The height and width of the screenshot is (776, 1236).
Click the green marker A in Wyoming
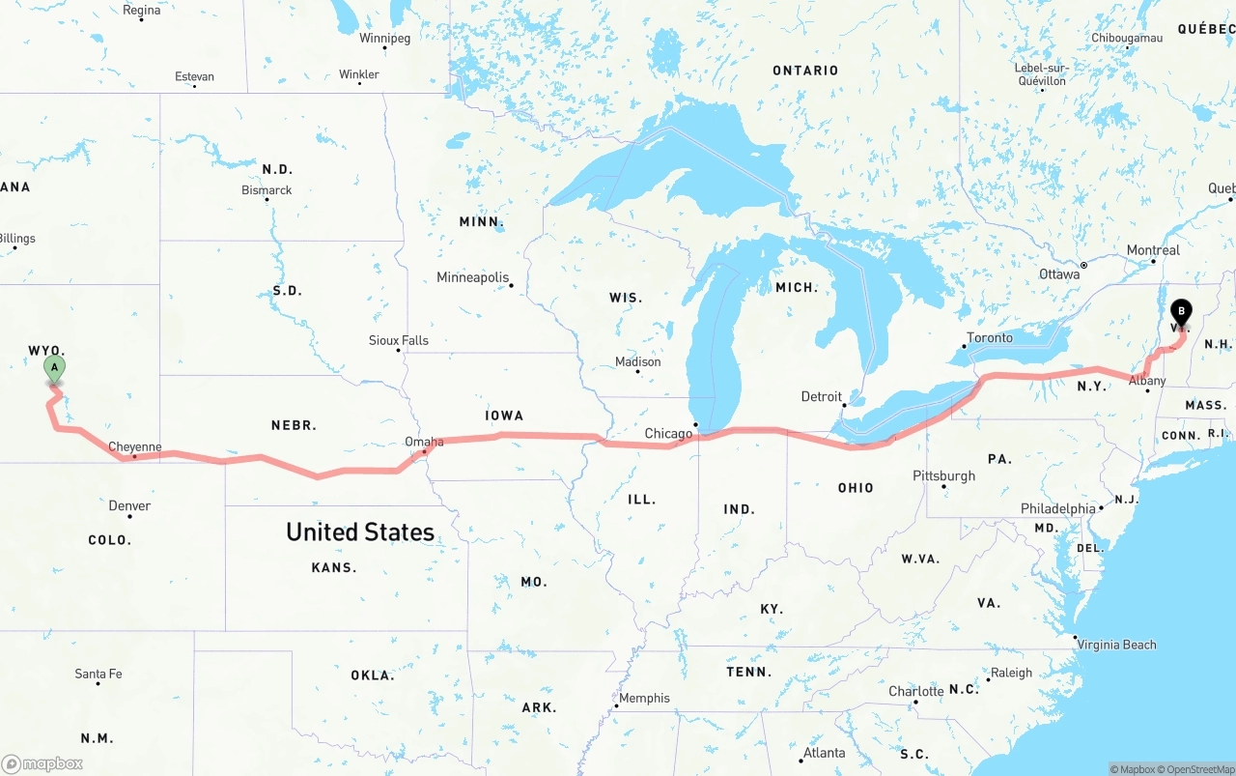tap(55, 368)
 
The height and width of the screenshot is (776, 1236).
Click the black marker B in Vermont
tap(1180, 312)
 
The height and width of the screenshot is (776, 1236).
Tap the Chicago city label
tap(668, 433)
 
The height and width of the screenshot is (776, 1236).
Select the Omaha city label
tap(424, 442)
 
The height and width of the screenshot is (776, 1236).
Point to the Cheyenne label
tap(135, 446)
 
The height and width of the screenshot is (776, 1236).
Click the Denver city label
tap(129, 505)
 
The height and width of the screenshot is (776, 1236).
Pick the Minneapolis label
tap(472, 277)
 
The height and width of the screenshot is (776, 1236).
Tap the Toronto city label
tap(990, 337)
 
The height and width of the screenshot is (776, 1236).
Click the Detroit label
tap(822, 396)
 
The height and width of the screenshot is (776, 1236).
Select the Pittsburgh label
tap(943, 475)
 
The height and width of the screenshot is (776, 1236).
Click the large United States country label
tap(359, 532)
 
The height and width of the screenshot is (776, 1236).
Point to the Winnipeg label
tap(384, 39)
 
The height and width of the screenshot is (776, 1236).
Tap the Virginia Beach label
tap(1116, 645)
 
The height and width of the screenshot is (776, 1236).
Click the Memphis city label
tap(644, 698)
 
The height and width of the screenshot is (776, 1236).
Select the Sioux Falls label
tap(399, 340)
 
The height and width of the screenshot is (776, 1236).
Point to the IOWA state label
tap(504, 416)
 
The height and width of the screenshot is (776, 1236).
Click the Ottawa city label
tap(1059, 274)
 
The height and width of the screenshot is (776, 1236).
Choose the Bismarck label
tap(267, 190)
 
